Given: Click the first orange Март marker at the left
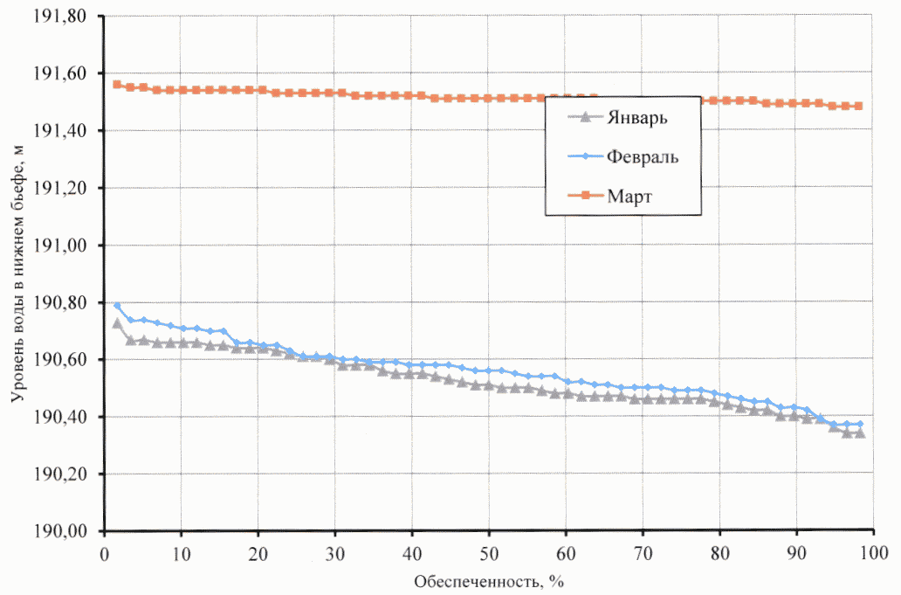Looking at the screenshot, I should [117, 85].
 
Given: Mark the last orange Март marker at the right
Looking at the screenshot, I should [859, 106].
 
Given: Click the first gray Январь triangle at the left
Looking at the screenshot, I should [117, 323].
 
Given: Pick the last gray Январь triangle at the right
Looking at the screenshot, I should [860, 432].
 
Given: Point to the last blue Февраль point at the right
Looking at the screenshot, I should [860, 425].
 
